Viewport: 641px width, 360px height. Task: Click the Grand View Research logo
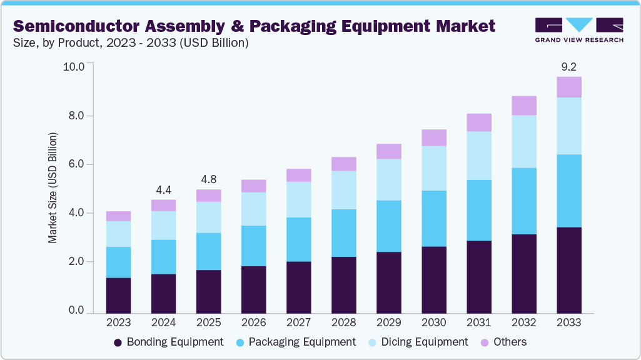tap(579, 29)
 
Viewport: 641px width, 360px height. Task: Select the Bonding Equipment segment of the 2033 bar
tap(568, 269)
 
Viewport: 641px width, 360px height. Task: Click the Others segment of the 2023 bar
tap(118, 216)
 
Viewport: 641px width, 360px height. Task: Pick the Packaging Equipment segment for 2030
tap(433, 219)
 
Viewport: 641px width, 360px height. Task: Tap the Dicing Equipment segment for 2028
tap(343, 190)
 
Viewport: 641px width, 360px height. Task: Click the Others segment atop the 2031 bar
tap(478, 122)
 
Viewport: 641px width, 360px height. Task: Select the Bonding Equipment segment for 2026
tap(253, 289)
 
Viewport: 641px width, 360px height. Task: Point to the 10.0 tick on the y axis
tap(73, 66)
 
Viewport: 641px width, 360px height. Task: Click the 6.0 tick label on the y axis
tap(76, 164)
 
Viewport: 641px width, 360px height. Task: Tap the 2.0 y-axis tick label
tap(76, 262)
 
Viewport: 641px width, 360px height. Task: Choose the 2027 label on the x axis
tap(298, 322)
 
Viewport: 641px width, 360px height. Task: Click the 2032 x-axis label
tap(523, 322)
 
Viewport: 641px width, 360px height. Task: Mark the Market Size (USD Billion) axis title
tap(53, 187)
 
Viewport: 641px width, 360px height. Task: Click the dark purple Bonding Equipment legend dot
tap(118, 342)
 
